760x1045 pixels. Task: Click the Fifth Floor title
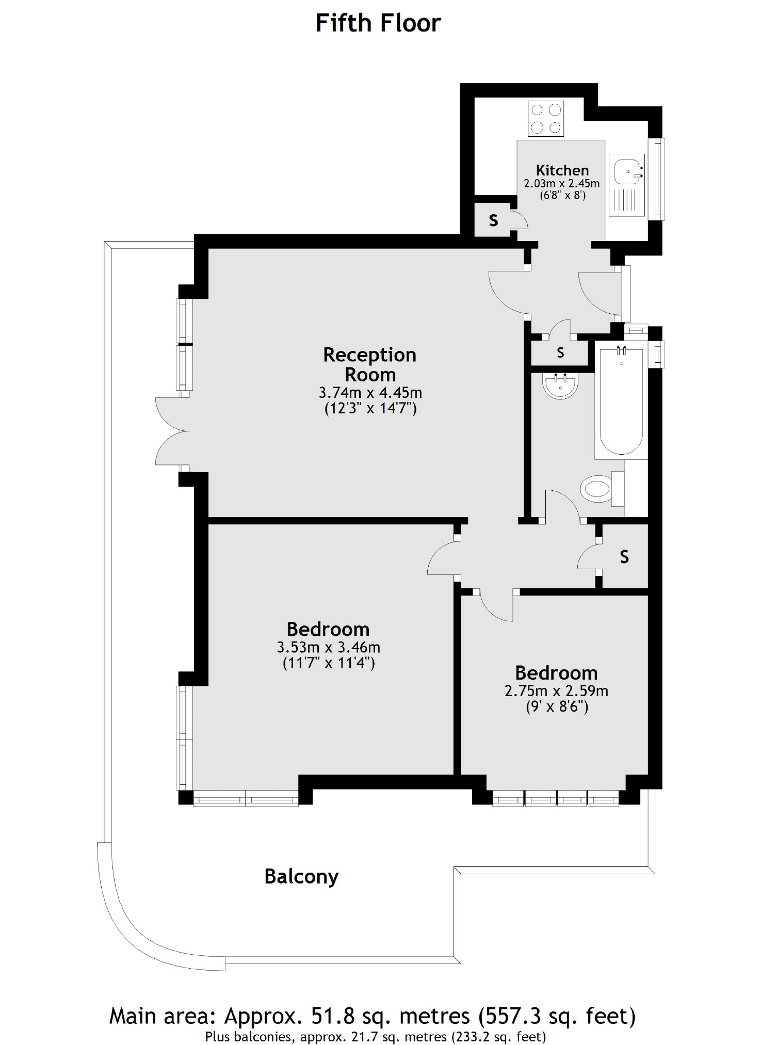pos(378,24)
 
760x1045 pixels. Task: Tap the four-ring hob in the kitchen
pos(546,118)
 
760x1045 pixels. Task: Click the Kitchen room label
pos(562,170)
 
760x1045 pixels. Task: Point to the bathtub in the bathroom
pos(621,401)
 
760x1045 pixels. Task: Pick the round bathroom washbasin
pos(561,385)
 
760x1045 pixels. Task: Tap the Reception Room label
pos(370,364)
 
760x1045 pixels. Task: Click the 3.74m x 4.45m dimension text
pos(370,393)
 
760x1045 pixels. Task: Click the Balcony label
pos(301,876)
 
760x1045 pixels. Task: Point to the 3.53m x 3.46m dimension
pos(329,647)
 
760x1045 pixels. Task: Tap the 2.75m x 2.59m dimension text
pos(556,690)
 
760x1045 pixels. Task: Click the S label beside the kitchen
pos(494,220)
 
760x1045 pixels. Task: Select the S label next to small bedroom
pos(624,557)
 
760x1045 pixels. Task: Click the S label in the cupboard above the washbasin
pos(560,353)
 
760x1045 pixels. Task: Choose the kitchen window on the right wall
pos(657,179)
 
